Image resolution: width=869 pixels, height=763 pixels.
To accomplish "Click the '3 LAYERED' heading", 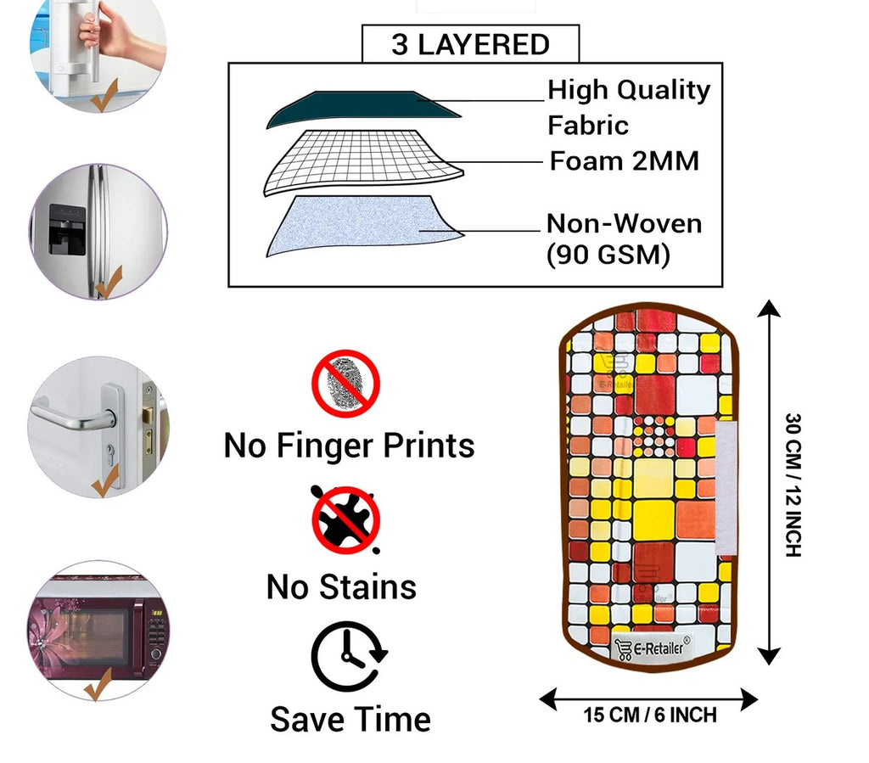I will pos(470,44).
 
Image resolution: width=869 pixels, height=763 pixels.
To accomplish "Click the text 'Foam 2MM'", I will pos(625,160).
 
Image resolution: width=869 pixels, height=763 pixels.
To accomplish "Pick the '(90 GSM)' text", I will pos(608,254).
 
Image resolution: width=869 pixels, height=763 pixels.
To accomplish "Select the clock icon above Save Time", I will pos(348,657).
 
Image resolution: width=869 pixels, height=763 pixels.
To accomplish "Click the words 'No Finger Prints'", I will pos(349,445).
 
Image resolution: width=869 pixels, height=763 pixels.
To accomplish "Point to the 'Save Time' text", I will pos(350,719).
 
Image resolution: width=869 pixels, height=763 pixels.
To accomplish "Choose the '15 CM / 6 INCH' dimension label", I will pos(650,715).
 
